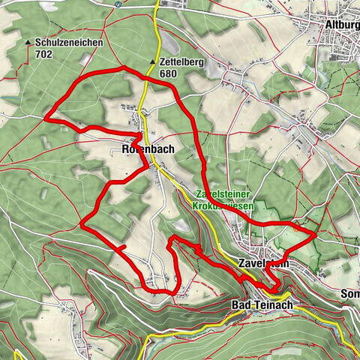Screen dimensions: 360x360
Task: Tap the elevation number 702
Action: tap(43, 54)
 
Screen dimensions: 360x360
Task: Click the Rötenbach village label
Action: tap(147, 149)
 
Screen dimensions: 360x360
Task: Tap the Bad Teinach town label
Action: tap(256, 306)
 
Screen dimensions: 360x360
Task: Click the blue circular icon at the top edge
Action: tap(118, 3)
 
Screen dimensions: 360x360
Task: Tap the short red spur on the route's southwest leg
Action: tap(118, 247)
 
